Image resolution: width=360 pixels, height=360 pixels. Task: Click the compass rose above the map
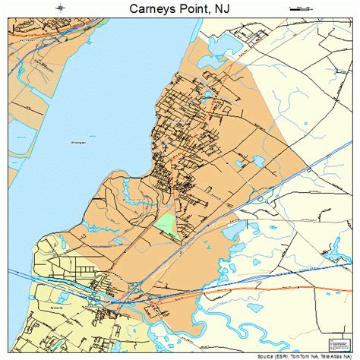[x=59, y=8]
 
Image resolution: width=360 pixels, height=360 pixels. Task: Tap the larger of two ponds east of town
[x=259, y=161]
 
